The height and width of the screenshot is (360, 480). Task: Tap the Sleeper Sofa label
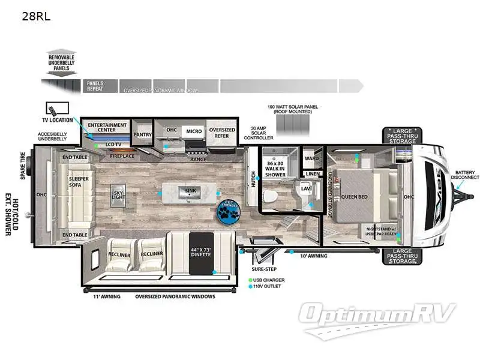point(79,182)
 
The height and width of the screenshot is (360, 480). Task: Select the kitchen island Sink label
point(190,191)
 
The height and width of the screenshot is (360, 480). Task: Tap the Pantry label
point(143,135)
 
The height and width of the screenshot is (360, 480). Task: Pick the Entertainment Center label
point(107,127)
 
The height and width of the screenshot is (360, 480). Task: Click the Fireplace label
point(121,157)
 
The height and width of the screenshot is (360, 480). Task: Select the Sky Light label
point(118,195)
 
